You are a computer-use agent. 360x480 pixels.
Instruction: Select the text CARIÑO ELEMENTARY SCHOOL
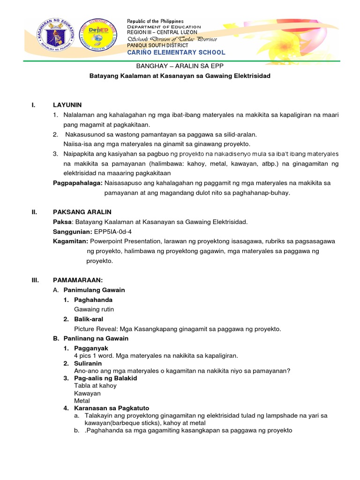coord(176,52)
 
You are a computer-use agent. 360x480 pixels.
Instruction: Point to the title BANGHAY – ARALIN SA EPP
coord(180,67)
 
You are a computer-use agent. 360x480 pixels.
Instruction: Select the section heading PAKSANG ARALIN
coord(82,212)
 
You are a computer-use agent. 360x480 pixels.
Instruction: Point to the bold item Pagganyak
coord(91,348)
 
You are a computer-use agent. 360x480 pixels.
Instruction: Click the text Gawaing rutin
coord(94,309)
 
